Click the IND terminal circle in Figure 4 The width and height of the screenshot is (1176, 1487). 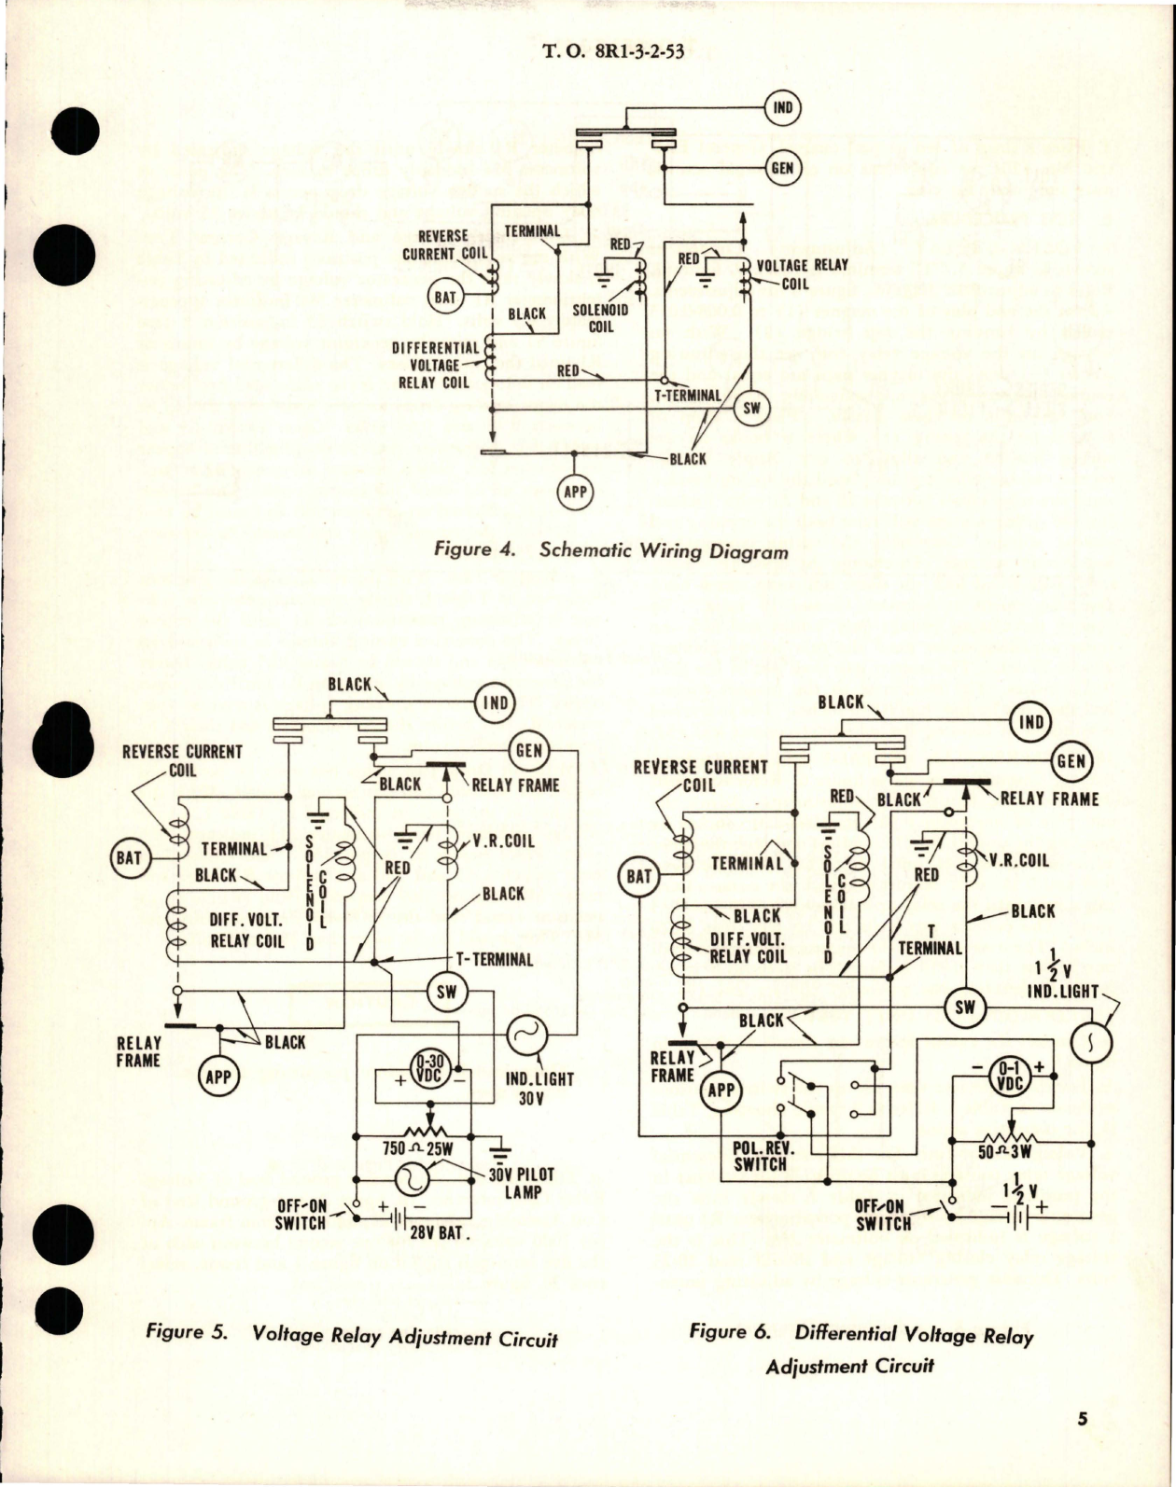782,107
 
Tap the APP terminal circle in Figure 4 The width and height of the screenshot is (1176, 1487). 574,492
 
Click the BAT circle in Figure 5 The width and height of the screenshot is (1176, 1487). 129,857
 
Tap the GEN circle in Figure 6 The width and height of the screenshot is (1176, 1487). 1070,761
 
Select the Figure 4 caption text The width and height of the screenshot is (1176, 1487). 611,550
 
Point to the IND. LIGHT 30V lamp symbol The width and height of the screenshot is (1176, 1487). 525,1035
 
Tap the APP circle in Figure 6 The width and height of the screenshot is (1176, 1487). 721,1091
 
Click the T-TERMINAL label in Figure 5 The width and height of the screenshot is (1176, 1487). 494,959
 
